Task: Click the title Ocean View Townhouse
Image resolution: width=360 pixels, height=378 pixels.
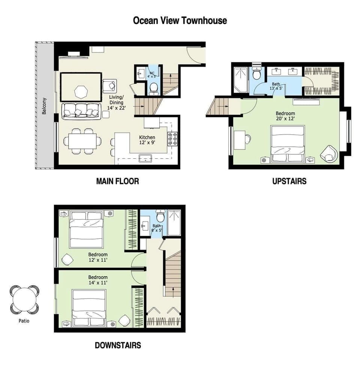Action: (x=180, y=20)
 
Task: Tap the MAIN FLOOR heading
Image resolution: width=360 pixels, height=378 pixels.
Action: (x=117, y=181)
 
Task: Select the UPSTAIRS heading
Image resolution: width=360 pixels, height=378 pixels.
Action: (x=289, y=181)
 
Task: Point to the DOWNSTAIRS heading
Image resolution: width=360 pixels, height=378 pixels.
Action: (x=118, y=345)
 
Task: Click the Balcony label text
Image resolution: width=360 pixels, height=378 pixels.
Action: (x=45, y=106)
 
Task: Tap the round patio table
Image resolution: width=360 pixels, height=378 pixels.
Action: (x=24, y=299)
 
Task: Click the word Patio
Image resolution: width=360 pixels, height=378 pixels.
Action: (x=24, y=321)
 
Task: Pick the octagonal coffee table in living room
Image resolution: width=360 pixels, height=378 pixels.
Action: (x=80, y=91)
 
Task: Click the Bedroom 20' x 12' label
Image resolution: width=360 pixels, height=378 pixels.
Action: (x=285, y=116)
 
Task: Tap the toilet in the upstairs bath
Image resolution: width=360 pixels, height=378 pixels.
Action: (x=257, y=74)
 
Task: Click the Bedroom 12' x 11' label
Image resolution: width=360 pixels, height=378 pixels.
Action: (x=98, y=257)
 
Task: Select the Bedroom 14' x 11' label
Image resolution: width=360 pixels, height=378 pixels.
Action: (x=98, y=280)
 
